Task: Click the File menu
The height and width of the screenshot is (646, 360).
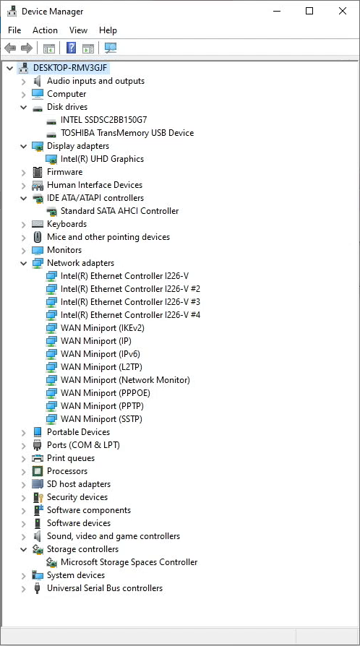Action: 14,30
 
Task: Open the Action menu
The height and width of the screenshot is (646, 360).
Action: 45,30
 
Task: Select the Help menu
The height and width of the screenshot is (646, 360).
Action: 108,30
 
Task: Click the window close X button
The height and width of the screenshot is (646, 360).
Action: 342,11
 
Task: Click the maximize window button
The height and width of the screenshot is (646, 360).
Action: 309,11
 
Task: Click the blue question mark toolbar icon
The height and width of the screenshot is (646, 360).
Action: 71,48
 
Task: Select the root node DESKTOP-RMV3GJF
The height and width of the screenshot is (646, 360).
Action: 72,68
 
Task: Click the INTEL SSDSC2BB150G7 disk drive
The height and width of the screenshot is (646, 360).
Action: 103,120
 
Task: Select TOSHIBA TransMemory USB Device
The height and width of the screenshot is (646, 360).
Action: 127,133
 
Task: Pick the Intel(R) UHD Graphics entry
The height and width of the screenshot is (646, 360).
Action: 102,159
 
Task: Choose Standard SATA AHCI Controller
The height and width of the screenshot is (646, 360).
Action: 119,210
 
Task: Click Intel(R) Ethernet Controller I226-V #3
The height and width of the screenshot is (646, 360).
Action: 130,301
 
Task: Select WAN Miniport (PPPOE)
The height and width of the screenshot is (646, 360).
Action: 105,392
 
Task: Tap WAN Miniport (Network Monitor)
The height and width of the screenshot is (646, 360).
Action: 125,380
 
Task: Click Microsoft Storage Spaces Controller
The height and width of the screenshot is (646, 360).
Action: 129,562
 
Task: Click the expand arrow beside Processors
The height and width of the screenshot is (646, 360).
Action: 24,471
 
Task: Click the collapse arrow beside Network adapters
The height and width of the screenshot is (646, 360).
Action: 24,263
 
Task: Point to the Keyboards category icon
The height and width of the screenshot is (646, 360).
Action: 38,224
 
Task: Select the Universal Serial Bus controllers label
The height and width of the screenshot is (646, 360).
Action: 105,588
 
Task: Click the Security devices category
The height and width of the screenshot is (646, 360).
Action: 77,497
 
